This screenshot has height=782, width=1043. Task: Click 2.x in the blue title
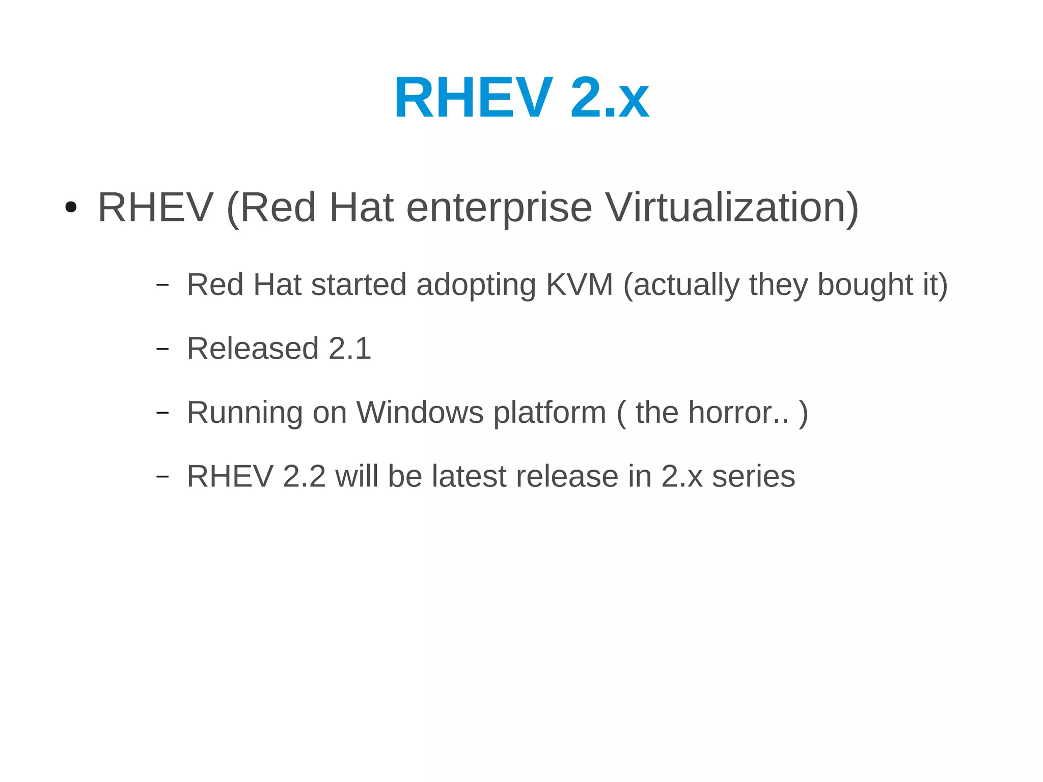pyautogui.click(x=609, y=98)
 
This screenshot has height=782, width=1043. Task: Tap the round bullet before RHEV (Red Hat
pyautogui.click(x=71, y=208)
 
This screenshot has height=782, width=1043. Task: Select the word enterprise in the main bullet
pyautogui.click(x=499, y=208)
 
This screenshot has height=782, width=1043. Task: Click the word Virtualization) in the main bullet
pyautogui.click(x=732, y=208)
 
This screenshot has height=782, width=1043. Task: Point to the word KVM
pyautogui.click(x=579, y=284)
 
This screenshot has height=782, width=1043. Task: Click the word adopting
pyautogui.click(x=476, y=284)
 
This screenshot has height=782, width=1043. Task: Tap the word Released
pyautogui.click(x=253, y=349)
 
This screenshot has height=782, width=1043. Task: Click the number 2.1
pyautogui.click(x=350, y=349)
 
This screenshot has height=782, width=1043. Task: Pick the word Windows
pyautogui.click(x=420, y=412)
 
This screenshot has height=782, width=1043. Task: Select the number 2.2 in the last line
pyautogui.click(x=304, y=476)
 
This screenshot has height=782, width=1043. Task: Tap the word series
pyautogui.click(x=753, y=476)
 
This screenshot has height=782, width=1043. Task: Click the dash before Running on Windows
pyautogui.click(x=162, y=413)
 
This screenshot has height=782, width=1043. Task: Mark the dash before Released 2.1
pyautogui.click(x=162, y=349)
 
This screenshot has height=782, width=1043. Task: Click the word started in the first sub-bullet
pyautogui.click(x=359, y=284)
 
